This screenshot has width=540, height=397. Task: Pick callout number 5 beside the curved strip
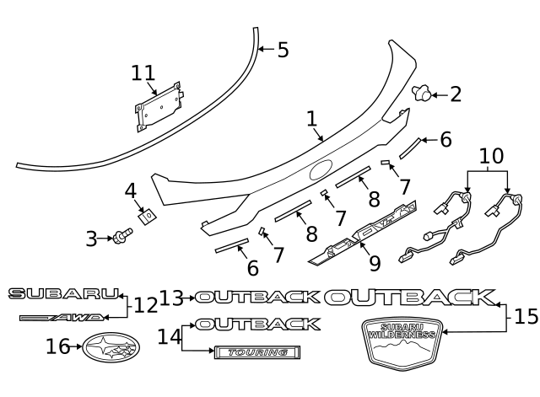282,51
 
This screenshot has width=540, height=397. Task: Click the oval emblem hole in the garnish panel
321,170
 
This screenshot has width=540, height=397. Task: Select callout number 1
311,119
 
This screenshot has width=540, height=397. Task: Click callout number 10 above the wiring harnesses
490,157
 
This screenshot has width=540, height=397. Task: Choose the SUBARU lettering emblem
64,293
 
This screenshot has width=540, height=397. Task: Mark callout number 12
145,304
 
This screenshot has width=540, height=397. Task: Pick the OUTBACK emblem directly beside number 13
257,297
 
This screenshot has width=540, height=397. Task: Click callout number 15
525,317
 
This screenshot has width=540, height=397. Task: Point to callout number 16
57,346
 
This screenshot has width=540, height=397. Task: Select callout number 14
169,336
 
